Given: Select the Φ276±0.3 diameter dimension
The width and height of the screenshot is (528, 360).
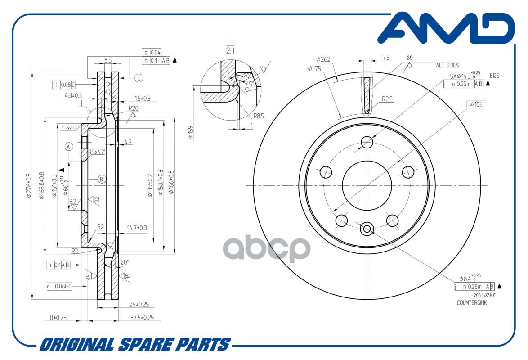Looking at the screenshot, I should tap(29, 186).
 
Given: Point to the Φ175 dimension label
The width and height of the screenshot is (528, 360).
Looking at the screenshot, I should tap(314, 68).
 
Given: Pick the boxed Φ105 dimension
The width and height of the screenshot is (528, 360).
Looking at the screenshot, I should tap(476, 104).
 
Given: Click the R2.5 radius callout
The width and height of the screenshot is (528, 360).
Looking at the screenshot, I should tap(388, 99).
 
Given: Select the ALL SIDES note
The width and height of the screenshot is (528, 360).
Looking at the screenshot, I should tap(447, 65).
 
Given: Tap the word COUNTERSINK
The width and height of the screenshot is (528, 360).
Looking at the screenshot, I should tap(471, 303).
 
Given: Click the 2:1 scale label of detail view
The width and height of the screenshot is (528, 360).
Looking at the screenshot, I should tap(230, 51).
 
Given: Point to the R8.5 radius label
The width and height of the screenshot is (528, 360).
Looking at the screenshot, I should tap(259, 116).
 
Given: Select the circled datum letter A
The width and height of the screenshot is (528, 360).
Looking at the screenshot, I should tap(69, 147).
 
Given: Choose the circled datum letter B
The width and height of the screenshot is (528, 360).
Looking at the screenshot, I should tap(102, 179).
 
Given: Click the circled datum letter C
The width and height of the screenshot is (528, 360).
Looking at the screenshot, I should tap(139, 78).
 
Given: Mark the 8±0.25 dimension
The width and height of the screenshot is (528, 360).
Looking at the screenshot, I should tap(58, 317).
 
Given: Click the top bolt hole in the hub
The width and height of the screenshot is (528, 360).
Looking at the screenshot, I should tap(367, 143).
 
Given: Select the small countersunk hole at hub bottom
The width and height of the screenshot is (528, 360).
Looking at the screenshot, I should tap(367, 229).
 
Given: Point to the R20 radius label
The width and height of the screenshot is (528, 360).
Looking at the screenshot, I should tap(133, 108).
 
